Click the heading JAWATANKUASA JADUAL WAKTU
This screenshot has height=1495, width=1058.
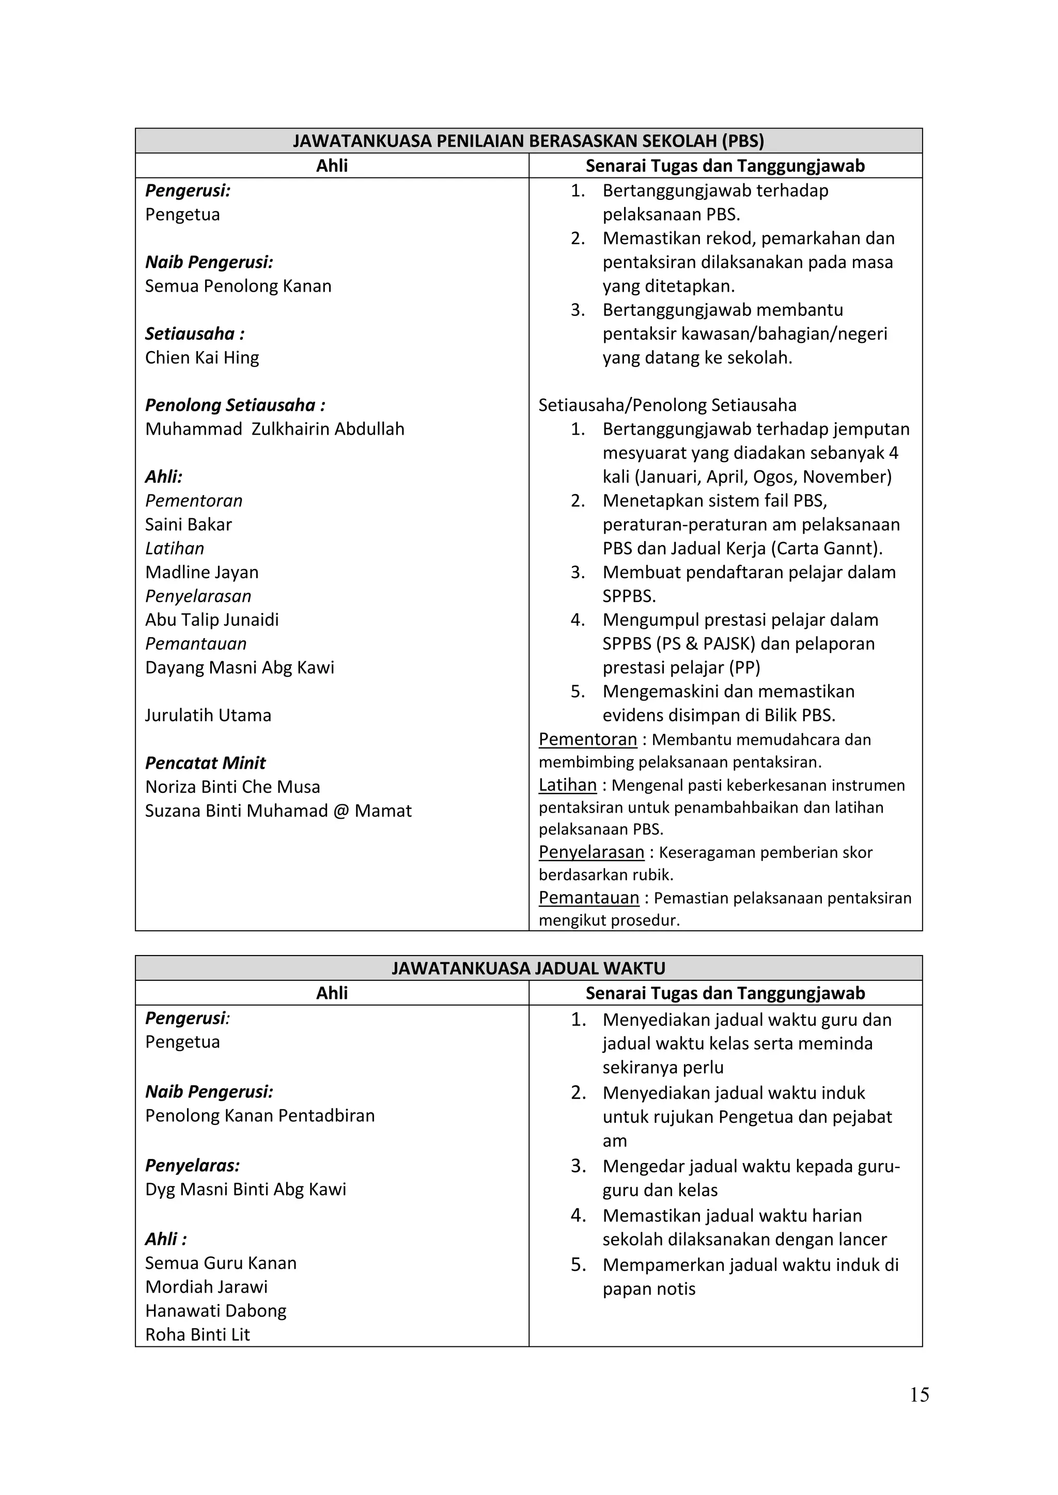(x=528, y=968)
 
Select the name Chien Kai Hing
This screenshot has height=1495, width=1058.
(x=202, y=357)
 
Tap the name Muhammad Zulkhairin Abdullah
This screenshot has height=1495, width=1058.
(x=274, y=429)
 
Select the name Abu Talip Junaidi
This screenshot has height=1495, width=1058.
(x=212, y=619)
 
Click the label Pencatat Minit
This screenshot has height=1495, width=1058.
(x=205, y=762)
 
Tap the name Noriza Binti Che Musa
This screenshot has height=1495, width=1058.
(x=232, y=787)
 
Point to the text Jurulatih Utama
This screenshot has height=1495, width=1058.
(x=208, y=715)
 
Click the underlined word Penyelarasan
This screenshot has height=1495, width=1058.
(x=591, y=852)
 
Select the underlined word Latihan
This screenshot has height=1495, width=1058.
(x=567, y=785)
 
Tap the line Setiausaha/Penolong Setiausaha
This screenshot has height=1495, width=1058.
(x=667, y=405)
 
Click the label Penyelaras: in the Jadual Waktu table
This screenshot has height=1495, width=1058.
(x=192, y=1165)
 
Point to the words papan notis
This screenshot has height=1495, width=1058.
(x=649, y=1289)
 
